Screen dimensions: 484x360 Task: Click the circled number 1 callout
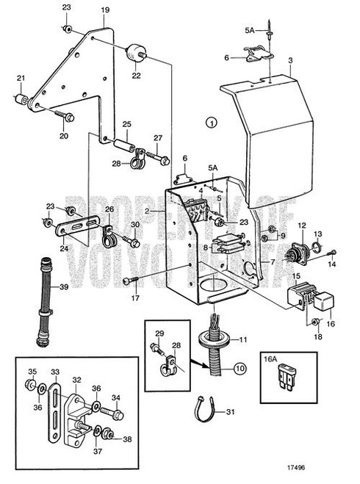212,123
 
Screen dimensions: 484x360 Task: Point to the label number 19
104,10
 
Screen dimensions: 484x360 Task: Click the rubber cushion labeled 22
134,52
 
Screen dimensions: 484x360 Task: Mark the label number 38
127,438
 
